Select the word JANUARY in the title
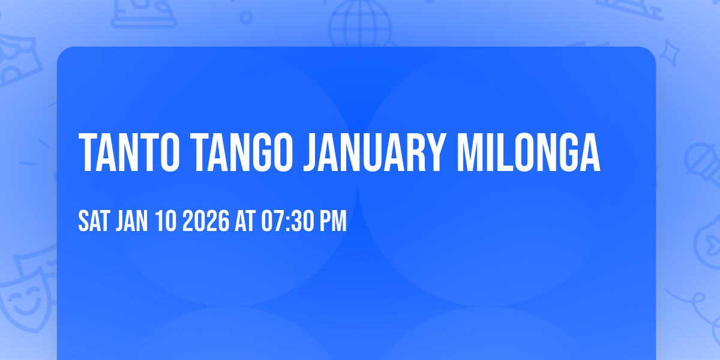pos(375,152)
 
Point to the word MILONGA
pos(529,152)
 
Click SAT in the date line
pos(94,221)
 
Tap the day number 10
pos(166,221)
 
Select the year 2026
pos(205,221)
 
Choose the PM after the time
pos(334,221)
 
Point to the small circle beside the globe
pos(246,17)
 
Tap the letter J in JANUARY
pos(310,152)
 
